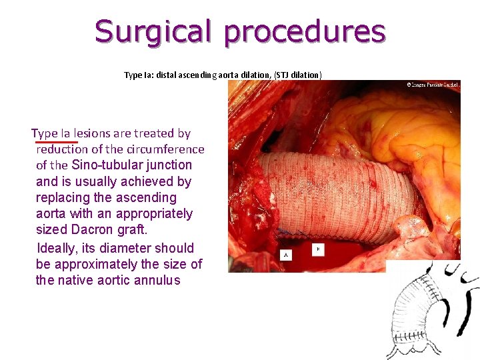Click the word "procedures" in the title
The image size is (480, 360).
[305, 31]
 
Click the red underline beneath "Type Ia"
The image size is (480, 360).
[57, 142]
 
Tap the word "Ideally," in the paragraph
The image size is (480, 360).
[60, 248]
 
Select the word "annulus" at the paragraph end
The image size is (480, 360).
[155, 280]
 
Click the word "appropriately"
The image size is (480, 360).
[154, 214]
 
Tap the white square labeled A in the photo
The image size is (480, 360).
[287, 255]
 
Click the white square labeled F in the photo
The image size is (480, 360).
[318, 250]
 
